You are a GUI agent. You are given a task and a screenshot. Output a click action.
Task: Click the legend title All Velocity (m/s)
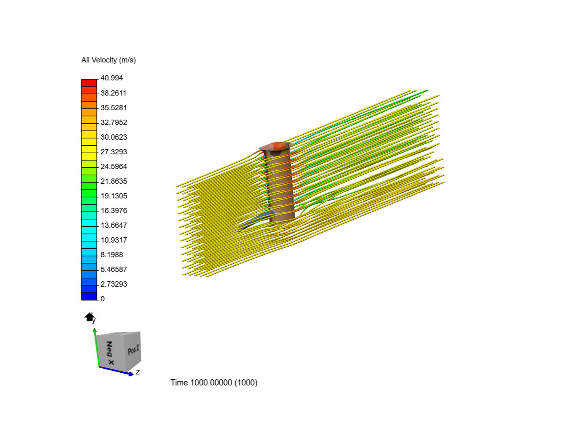point(109,60)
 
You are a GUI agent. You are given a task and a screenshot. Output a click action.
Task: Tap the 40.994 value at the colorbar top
point(111,78)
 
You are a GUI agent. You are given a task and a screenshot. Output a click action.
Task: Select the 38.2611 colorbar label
point(114,93)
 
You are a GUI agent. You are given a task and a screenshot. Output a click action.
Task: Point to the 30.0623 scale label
point(114,137)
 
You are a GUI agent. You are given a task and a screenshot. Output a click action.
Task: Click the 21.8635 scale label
point(114,181)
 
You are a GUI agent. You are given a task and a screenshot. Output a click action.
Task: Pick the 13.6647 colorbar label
point(114,225)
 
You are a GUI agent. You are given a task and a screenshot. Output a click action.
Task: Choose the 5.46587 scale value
point(114,269)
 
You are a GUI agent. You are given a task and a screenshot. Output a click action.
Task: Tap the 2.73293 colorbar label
point(114,284)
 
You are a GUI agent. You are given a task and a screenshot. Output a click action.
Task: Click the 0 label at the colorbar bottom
point(102,299)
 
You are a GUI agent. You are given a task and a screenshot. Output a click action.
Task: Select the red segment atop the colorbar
point(89,83)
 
